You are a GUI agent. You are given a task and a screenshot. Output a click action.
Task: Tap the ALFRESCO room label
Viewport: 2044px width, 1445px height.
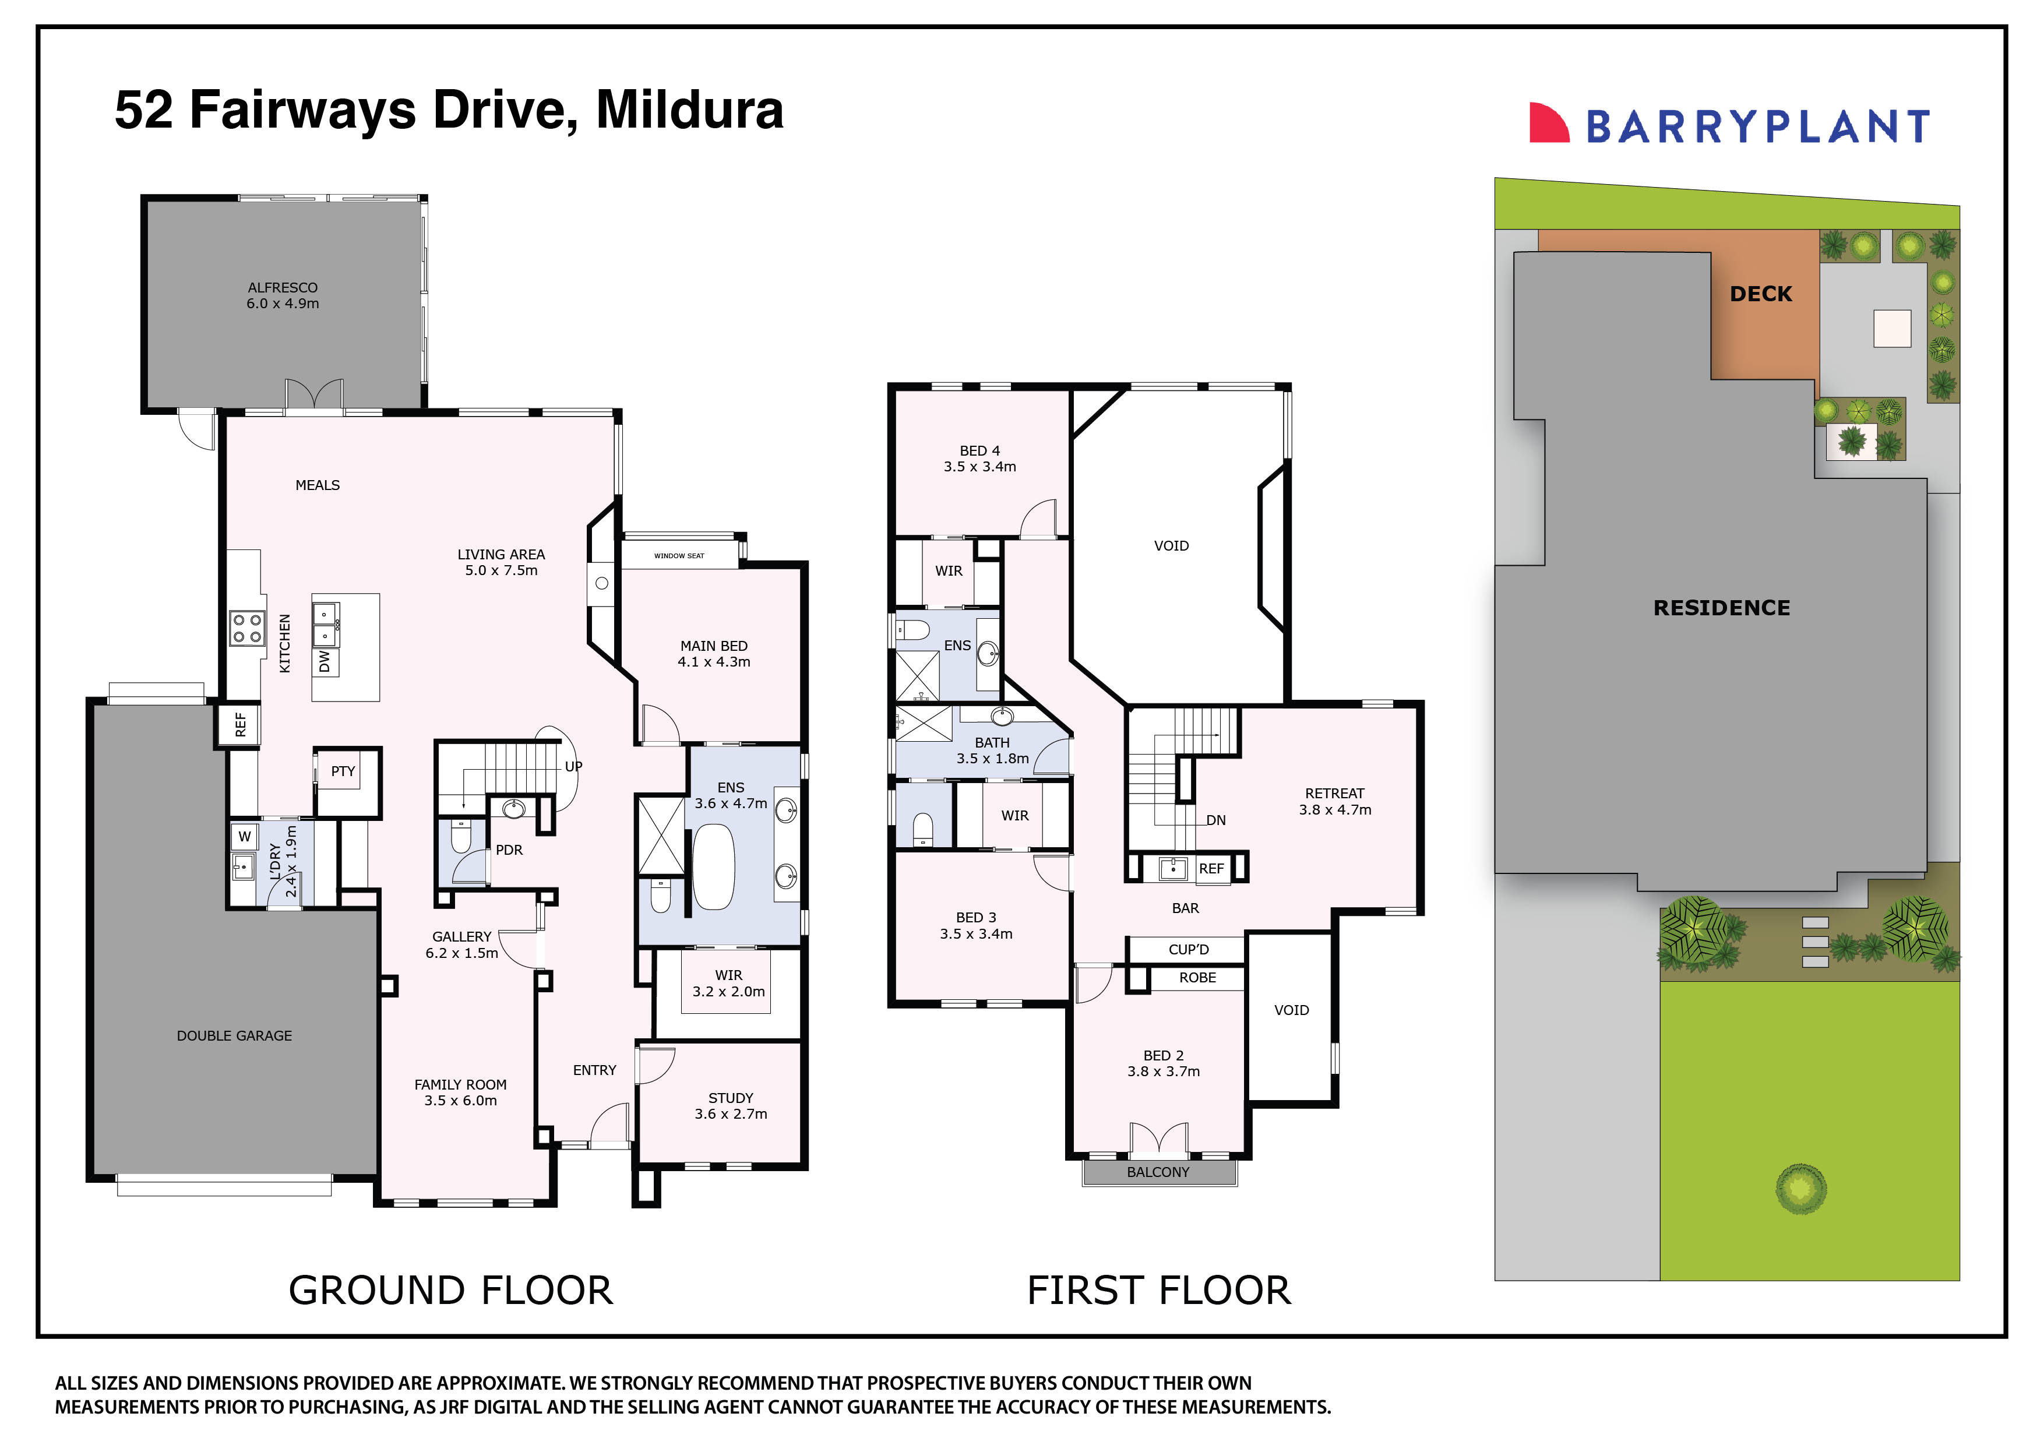click(x=282, y=288)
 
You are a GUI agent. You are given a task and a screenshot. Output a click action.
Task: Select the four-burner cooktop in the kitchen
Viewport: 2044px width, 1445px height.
click(x=246, y=628)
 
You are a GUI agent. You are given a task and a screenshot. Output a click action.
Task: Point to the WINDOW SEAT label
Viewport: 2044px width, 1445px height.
click(x=679, y=555)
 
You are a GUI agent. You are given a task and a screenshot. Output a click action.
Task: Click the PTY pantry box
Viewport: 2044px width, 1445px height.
click(x=344, y=772)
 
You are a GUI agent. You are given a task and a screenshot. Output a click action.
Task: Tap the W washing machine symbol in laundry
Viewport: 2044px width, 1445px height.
click(x=244, y=837)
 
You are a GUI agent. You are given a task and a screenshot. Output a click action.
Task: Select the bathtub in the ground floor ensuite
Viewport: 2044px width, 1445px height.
click(x=713, y=866)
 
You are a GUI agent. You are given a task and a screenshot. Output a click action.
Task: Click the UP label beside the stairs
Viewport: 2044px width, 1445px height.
click(x=573, y=767)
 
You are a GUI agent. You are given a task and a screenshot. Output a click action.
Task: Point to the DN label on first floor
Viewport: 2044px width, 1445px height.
click(x=1215, y=820)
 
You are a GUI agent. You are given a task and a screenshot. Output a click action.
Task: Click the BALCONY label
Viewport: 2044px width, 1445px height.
click(x=1158, y=1172)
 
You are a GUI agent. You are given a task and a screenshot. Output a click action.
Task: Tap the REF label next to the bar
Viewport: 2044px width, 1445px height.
click(x=1211, y=869)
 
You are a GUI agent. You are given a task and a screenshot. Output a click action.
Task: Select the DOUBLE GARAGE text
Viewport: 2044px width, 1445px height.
click(x=234, y=1035)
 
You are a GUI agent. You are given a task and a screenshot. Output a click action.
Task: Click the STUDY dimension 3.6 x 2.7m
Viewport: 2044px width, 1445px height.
click(x=731, y=1114)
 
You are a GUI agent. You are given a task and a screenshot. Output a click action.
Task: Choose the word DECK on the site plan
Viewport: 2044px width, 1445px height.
click(x=1760, y=294)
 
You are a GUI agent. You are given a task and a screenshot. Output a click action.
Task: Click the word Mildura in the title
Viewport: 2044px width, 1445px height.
click(x=689, y=110)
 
